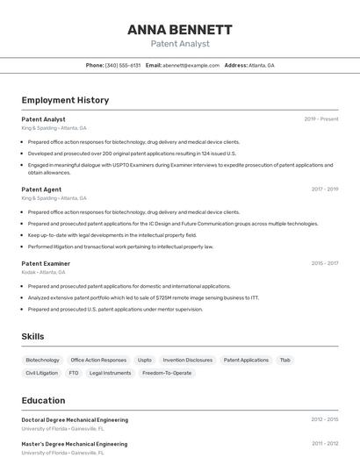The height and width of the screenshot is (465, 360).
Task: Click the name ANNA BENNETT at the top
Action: pyautogui.click(x=180, y=29)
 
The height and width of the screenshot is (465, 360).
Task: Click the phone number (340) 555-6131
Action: pyautogui.click(x=123, y=66)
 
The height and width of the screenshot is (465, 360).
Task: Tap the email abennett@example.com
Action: pyautogui.click(x=191, y=66)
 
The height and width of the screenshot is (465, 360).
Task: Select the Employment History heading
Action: pyautogui.click(x=65, y=100)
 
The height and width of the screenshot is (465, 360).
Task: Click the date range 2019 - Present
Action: pyautogui.click(x=320, y=119)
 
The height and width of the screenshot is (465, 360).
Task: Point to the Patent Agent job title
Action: pyautogui.click(x=41, y=190)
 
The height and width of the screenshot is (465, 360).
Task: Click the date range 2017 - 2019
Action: pyautogui.click(x=324, y=190)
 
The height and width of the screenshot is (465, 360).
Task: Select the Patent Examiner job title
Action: pyautogui.click(x=46, y=263)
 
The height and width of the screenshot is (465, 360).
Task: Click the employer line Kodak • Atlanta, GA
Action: pyautogui.click(x=47, y=272)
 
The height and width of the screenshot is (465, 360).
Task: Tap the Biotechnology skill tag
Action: pyautogui.click(x=42, y=360)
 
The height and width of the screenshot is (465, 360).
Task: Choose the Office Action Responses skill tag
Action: pyautogui.click(x=98, y=360)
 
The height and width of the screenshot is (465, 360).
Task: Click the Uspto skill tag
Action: pyautogui.click(x=145, y=360)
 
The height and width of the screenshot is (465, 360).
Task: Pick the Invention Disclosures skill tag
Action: pyautogui.click(x=187, y=360)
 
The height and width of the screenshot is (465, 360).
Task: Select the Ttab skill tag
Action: pyautogui.click(x=284, y=360)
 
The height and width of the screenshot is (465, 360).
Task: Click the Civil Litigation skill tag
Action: pyautogui.click(x=41, y=373)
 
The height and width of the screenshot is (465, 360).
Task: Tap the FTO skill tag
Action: pyautogui.click(x=74, y=373)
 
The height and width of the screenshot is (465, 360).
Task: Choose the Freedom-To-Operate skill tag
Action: pyautogui.click(x=167, y=373)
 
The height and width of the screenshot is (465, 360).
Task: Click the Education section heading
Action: pyautogui.click(x=43, y=400)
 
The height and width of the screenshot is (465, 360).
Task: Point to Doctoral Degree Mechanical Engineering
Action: pyautogui.click(x=75, y=420)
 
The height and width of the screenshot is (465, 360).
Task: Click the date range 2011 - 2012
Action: pyautogui.click(x=324, y=444)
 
